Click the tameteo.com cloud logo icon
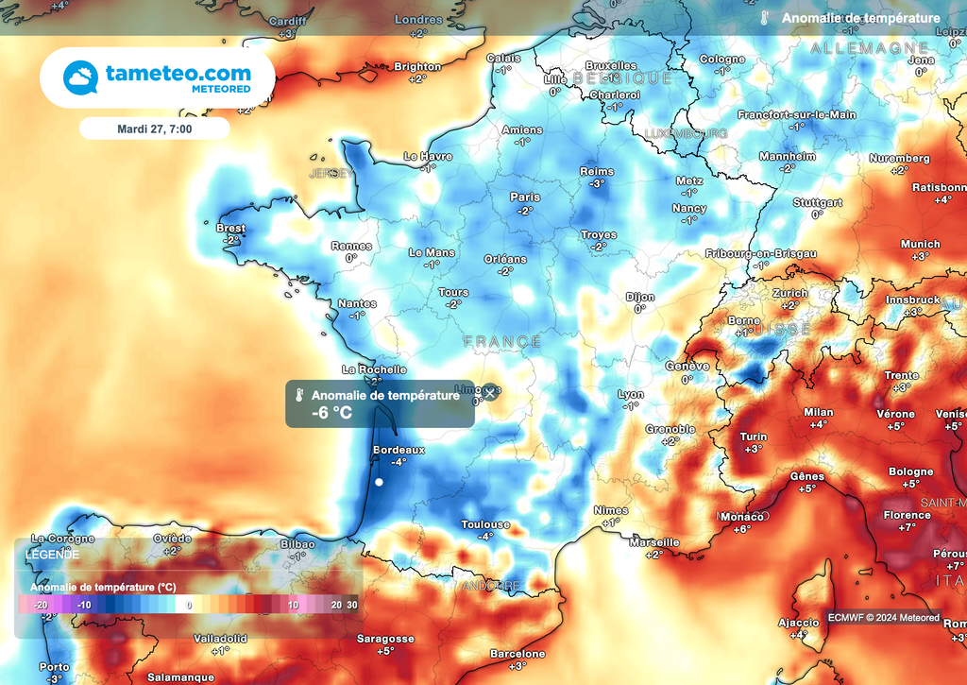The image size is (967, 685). coord(79,78)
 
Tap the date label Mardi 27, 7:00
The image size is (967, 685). coord(154,128)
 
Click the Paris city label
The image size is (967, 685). coord(525,197)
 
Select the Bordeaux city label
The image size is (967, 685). coord(399,450)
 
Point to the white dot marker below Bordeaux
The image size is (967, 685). coord(379,483)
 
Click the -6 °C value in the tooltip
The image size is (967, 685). coord(335,412)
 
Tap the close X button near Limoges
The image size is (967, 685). coord(489,391)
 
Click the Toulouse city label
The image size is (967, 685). coord(485,524)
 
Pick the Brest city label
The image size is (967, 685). coord(230,228)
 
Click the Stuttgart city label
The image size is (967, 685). coord(818,202)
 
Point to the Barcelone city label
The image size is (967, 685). coord(518,654)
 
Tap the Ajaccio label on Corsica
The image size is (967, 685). coord(799,623)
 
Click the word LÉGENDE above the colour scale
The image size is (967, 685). coord(54,555)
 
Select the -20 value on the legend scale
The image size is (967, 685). coord(41,605)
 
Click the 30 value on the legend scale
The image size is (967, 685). coord(351,605)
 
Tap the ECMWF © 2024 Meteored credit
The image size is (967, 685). coord(883,618)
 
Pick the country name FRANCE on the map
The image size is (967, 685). coord(502,341)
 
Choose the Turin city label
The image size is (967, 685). coord(753,437)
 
